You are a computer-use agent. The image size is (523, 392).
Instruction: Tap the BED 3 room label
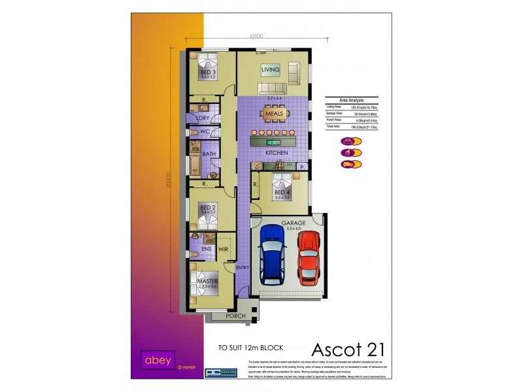208,72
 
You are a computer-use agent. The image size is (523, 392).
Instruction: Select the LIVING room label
271,69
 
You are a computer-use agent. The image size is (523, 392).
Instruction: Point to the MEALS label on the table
275,114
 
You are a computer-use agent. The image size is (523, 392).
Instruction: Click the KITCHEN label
277,152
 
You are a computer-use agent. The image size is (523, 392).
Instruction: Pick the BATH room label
209,154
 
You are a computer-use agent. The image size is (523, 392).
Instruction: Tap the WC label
205,131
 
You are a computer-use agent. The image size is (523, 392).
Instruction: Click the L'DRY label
203,118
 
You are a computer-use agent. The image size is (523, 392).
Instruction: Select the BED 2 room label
208,208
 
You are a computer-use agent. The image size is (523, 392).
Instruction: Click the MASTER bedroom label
207,282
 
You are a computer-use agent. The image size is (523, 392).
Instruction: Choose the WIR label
223,249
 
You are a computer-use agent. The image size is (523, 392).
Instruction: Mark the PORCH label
235,316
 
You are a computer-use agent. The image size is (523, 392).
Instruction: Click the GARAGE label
294,223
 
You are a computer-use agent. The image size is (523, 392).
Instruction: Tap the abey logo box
156,359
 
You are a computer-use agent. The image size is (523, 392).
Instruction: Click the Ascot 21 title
342,350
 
